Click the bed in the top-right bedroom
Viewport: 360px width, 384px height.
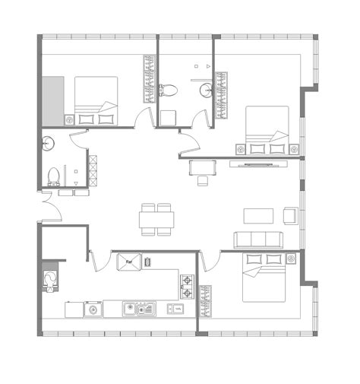(x=267, y=131)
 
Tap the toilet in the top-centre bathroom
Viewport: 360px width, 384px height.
(x=169, y=90)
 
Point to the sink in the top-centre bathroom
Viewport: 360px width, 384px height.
(x=206, y=91)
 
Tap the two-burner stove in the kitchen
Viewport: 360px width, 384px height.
(x=187, y=285)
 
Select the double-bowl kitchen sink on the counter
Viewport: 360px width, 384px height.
(x=140, y=309)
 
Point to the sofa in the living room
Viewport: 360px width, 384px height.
(x=257, y=240)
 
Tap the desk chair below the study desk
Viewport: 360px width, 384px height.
(x=203, y=180)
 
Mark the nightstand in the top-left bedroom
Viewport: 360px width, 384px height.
(x=70, y=119)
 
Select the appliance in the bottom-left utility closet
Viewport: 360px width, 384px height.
(x=51, y=278)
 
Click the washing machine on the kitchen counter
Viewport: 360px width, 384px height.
(x=93, y=309)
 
